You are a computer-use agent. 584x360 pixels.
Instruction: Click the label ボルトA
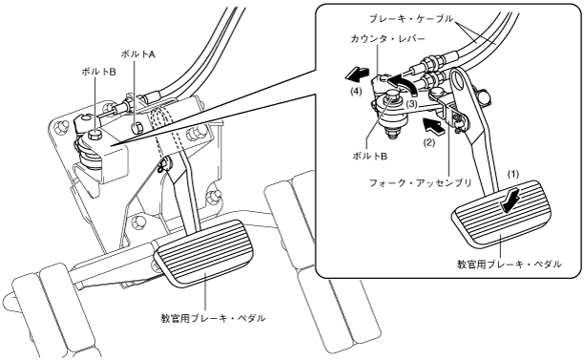(137, 54)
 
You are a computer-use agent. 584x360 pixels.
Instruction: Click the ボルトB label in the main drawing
(98, 72)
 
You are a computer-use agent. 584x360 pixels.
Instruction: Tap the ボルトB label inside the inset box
(370, 157)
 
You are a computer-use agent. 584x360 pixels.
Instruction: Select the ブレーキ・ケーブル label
(411, 18)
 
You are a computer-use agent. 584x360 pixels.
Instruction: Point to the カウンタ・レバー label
(387, 38)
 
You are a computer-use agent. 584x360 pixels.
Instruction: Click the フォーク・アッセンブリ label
(420, 182)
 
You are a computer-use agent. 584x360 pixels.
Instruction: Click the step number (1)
(513, 174)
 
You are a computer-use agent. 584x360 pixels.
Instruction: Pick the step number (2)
(428, 142)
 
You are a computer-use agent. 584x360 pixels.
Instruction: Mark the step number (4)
(356, 92)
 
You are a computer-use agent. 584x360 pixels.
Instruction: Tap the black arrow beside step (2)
(433, 126)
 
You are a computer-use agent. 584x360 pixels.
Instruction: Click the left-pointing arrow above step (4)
(357, 74)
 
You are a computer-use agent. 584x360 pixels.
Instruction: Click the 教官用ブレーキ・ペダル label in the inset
(510, 264)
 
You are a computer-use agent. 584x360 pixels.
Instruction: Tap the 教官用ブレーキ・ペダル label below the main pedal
(213, 318)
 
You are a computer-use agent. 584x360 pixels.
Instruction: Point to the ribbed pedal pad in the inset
(501, 214)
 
